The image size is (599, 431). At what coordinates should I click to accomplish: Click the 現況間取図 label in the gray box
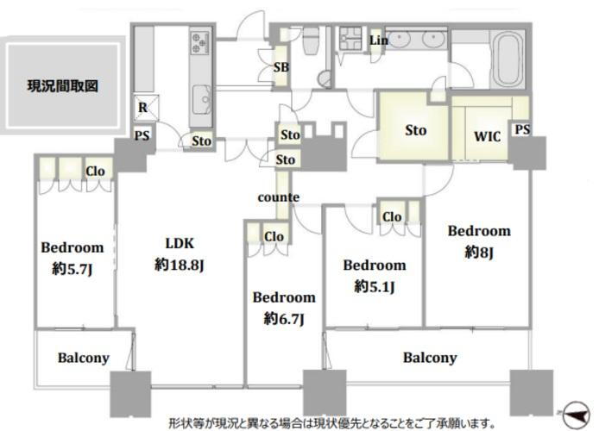pyautogui.click(x=62, y=85)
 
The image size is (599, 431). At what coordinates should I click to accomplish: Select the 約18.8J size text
pyautogui.click(x=179, y=265)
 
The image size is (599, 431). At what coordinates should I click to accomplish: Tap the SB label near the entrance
pyautogui.click(x=281, y=68)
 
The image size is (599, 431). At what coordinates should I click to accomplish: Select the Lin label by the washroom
pyautogui.click(x=377, y=41)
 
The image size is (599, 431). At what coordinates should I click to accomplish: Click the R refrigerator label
pyautogui.click(x=142, y=108)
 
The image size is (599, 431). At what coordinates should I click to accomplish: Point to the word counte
pyautogui.click(x=279, y=197)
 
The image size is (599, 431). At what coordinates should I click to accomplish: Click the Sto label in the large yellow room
pyautogui.click(x=416, y=131)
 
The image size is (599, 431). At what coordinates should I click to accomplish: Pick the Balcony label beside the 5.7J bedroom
pyautogui.click(x=84, y=357)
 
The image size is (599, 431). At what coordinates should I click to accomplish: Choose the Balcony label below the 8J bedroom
pyautogui.click(x=430, y=357)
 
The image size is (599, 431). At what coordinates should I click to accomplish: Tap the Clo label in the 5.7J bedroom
pyautogui.click(x=96, y=171)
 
